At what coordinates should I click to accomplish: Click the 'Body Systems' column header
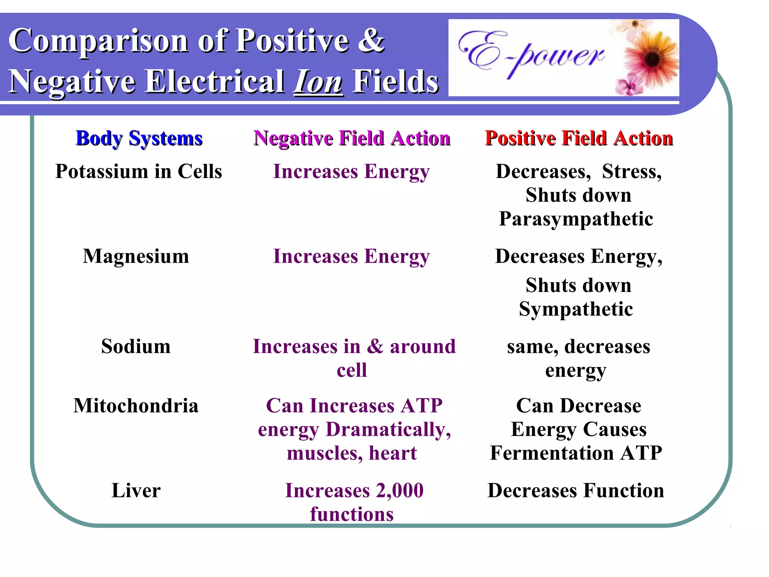tap(139, 138)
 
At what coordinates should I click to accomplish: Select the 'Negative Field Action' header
tap(352, 138)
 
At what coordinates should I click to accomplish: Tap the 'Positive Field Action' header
tap(579, 138)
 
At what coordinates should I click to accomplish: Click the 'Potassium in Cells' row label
tap(139, 172)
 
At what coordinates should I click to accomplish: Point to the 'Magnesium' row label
tap(136, 257)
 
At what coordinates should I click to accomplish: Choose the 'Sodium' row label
tap(136, 346)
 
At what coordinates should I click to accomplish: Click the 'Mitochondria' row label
tap(136, 406)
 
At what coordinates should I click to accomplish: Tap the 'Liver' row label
tap(136, 491)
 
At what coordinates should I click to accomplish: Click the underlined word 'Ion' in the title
tap(318, 82)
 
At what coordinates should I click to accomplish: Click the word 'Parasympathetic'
tap(576, 219)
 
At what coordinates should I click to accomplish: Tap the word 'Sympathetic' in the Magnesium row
tap(576, 309)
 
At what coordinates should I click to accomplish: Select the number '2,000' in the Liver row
tap(400, 491)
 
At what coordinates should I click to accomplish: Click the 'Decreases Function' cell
tap(576, 491)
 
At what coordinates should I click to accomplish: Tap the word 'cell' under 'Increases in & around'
tap(352, 370)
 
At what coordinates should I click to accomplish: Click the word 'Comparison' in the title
tap(98, 41)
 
